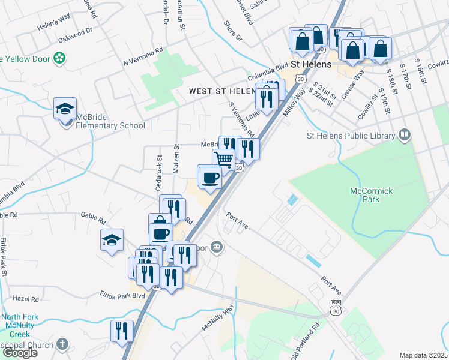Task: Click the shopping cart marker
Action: (x=224, y=160)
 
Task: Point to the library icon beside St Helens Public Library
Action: (x=405, y=135)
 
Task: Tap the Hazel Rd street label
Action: (x=26, y=298)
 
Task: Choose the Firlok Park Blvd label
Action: (x=122, y=295)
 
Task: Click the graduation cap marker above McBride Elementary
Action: (x=65, y=109)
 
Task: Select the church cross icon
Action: (x=62, y=344)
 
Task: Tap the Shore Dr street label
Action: (x=232, y=32)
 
